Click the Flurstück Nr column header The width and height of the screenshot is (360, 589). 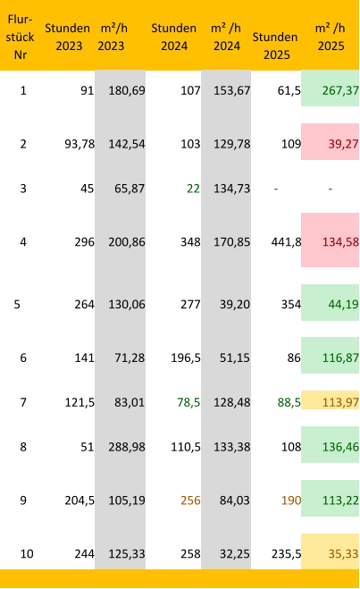pos(21,37)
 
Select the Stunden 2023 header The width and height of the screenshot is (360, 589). pos(68,37)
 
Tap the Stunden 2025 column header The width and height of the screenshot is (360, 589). pos(275,46)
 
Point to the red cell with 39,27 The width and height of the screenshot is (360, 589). pos(330,141)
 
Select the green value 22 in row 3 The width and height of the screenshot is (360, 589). pos(193,189)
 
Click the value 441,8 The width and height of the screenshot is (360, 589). pos(287,242)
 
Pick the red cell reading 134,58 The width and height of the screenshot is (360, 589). pos(330,240)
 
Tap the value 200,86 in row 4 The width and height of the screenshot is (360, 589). pos(127,242)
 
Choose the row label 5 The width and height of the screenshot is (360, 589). pos(17,304)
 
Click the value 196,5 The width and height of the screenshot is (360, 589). pos(186,358)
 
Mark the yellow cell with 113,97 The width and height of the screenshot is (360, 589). pos(330,400)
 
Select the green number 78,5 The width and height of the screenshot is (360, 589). pos(188,402)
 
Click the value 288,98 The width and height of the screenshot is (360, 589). pos(127,447)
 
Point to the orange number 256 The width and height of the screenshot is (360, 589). pos(190,501)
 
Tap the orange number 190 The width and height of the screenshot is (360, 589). pos(291,501)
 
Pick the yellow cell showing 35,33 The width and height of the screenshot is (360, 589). pos(330,551)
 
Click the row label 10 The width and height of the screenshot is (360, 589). pos(27,553)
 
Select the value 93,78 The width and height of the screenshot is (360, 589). pos(80,144)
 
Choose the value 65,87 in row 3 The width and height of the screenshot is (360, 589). pos(130,189)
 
